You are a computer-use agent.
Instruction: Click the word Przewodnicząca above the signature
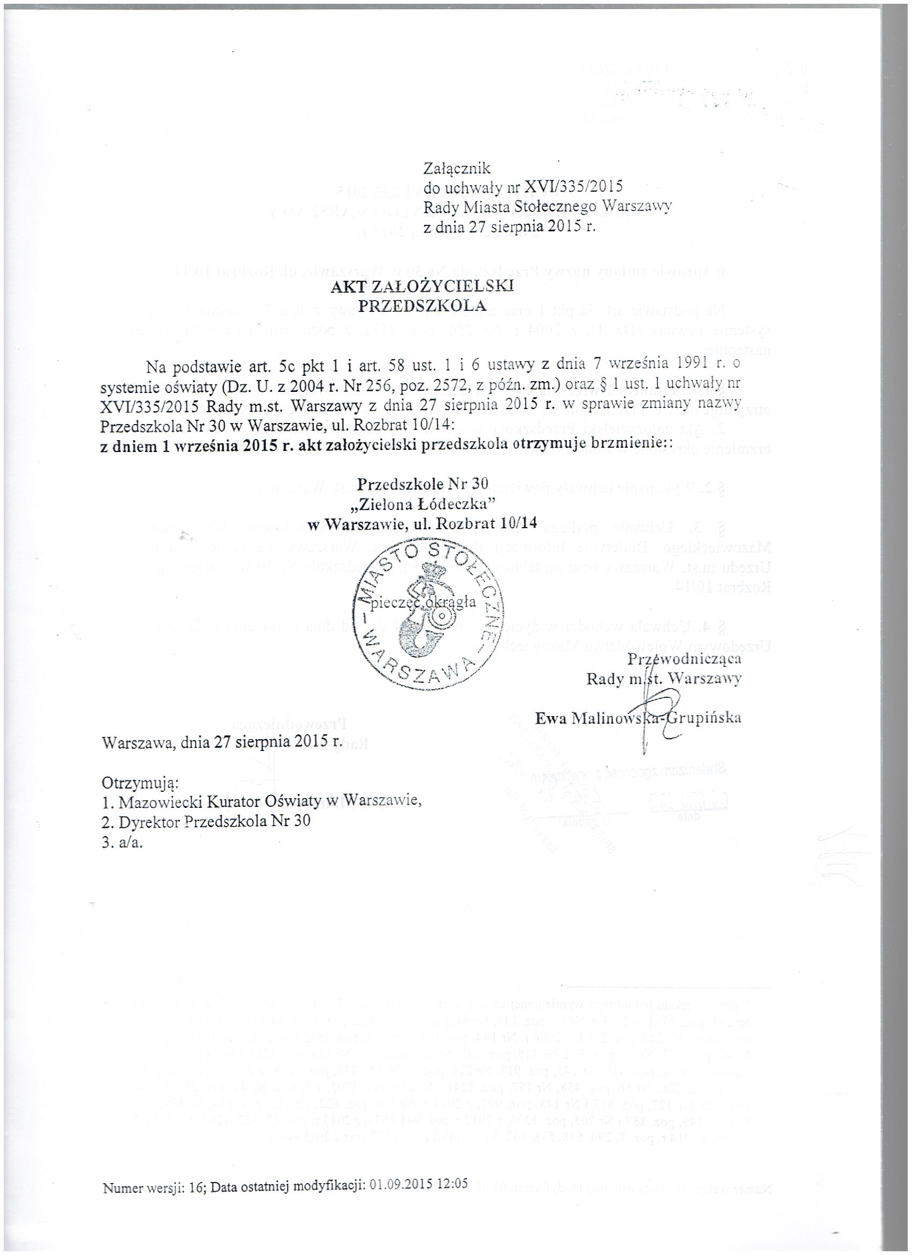click(684, 659)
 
